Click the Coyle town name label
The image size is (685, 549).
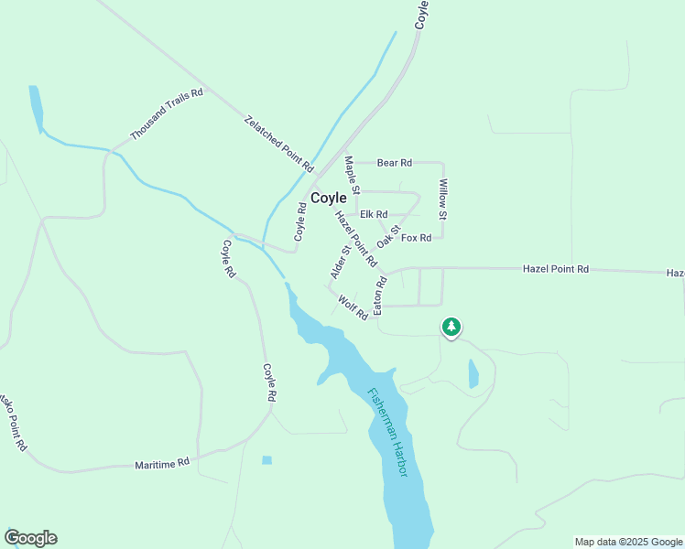point(329,198)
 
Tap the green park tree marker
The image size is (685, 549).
point(451,327)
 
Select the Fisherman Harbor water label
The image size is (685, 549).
point(387,432)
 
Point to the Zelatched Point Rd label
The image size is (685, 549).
point(278,144)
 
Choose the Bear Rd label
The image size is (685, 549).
point(395,163)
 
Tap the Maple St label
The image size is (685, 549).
point(352,175)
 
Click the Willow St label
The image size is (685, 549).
point(443,199)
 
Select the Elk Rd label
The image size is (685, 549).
point(374,214)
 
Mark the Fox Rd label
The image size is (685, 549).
point(416,238)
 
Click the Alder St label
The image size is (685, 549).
point(341,262)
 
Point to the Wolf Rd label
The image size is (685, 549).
point(353,307)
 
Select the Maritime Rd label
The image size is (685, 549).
point(161,463)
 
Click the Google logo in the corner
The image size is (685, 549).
point(30,538)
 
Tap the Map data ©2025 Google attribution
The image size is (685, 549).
point(629,542)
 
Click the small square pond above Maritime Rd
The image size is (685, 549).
point(266,459)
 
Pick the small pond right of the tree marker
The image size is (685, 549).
point(473,373)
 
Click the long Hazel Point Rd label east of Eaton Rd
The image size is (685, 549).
point(556,269)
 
